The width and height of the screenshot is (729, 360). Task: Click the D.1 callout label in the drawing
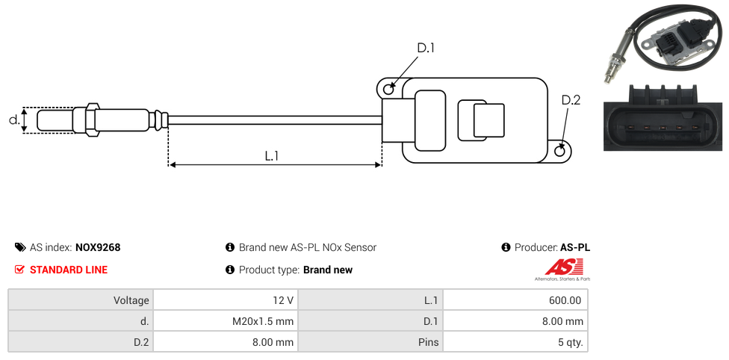(425, 49)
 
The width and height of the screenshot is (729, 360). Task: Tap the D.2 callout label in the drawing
(571, 100)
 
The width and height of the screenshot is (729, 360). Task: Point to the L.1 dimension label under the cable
(272, 155)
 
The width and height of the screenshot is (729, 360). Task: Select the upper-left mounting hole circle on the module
(388, 90)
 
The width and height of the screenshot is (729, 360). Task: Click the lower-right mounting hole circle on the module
(561, 152)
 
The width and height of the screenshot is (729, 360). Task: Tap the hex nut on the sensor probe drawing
(93, 120)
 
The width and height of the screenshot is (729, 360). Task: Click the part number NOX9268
(98, 247)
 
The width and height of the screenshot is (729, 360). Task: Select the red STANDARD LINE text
(69, 270)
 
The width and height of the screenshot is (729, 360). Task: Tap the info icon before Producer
(506, 247)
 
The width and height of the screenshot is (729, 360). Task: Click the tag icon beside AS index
(20, 247)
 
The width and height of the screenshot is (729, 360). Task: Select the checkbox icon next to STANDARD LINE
(20, 270)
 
